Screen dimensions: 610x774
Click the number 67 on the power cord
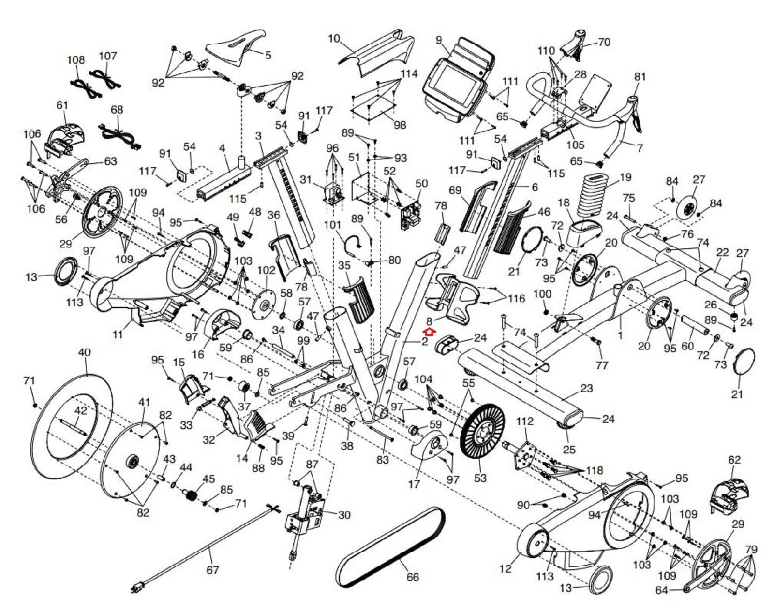(x=213, y=570)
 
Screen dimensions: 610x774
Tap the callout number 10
(x=334, y=38)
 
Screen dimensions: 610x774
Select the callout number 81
(x=640, y=76)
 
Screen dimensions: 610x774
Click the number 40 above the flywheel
(x=84, y=352)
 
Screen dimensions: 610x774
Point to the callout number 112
(x=524, y=421)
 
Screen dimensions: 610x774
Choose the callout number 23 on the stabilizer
(x=586, y=388)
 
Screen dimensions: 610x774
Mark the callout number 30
(x=344, y=515)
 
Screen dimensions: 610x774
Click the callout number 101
(x=332, y=225)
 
